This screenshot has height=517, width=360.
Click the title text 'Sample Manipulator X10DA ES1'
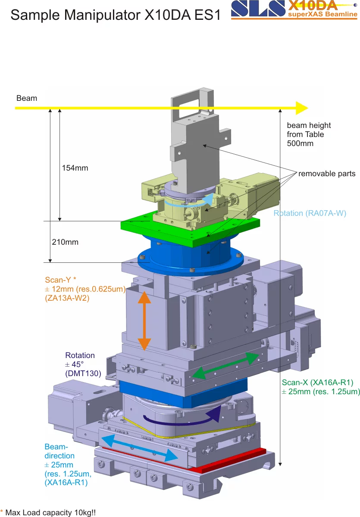point(116,15)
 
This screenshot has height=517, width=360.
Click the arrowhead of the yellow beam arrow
point(302,108)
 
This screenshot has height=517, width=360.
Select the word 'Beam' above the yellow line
point(27,98)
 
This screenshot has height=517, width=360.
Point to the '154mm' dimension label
point(75,168)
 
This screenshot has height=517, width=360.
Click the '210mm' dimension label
point(65,242)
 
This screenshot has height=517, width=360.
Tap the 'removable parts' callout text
point(327,174)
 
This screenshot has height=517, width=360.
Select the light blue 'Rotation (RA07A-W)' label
point(310,213)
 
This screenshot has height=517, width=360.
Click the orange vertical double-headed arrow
point(144,321)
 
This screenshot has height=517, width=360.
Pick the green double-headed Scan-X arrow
point(226,365)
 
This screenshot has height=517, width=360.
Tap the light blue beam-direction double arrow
point(140,448)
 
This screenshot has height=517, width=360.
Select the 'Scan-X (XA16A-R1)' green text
point(318,383)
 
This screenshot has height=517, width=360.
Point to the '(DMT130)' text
point(83,374)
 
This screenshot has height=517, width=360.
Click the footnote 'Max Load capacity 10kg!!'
point(50,513)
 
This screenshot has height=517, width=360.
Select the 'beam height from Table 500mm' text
point(309,134)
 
